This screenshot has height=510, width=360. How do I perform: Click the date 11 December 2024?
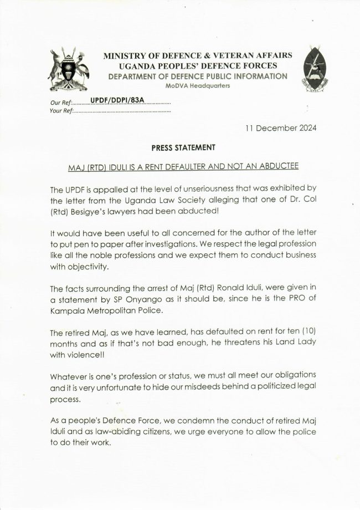281,128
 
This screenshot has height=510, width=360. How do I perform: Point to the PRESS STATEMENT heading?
179,148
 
